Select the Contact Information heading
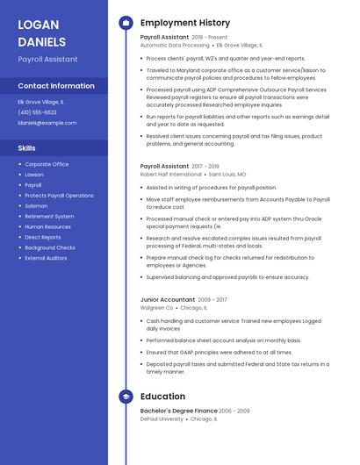(x=56, y=86)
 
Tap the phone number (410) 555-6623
(x=37, y=112)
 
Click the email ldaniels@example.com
(x=47, y=123)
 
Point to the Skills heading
(x=27, y=148)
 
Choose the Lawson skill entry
(x=35, y=175)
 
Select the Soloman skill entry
(x=37, y=206)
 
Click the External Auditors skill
(x=46, y=258)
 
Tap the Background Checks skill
(x=50, y=247)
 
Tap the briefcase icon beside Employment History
(x=125, y=22)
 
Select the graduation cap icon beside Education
(x=125, y=397)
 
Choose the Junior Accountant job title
(x=168, y=299)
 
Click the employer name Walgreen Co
(x=156, y=308)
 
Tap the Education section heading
(x=162, y=397)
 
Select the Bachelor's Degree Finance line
(x=178, y=411)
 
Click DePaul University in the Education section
(x=162, y=419)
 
